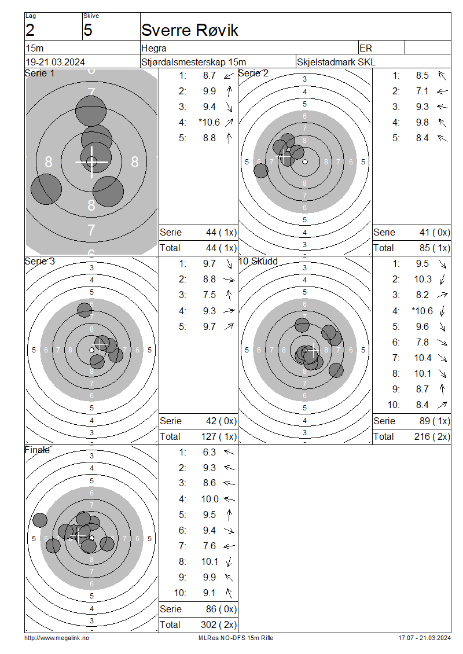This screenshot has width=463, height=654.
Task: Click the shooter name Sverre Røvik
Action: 190,30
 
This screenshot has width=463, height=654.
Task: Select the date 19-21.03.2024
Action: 56,62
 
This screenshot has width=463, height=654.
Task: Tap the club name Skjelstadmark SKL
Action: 336,62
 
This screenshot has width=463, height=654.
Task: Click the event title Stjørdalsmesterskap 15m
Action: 193,62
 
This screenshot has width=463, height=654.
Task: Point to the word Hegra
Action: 154,49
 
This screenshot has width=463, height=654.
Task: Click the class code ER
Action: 366,49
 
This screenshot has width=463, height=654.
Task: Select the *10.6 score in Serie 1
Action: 210,122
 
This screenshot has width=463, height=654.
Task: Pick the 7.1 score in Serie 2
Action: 422,91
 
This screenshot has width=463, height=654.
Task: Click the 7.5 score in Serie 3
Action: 210,295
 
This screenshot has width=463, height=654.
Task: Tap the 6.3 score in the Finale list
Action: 210,452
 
